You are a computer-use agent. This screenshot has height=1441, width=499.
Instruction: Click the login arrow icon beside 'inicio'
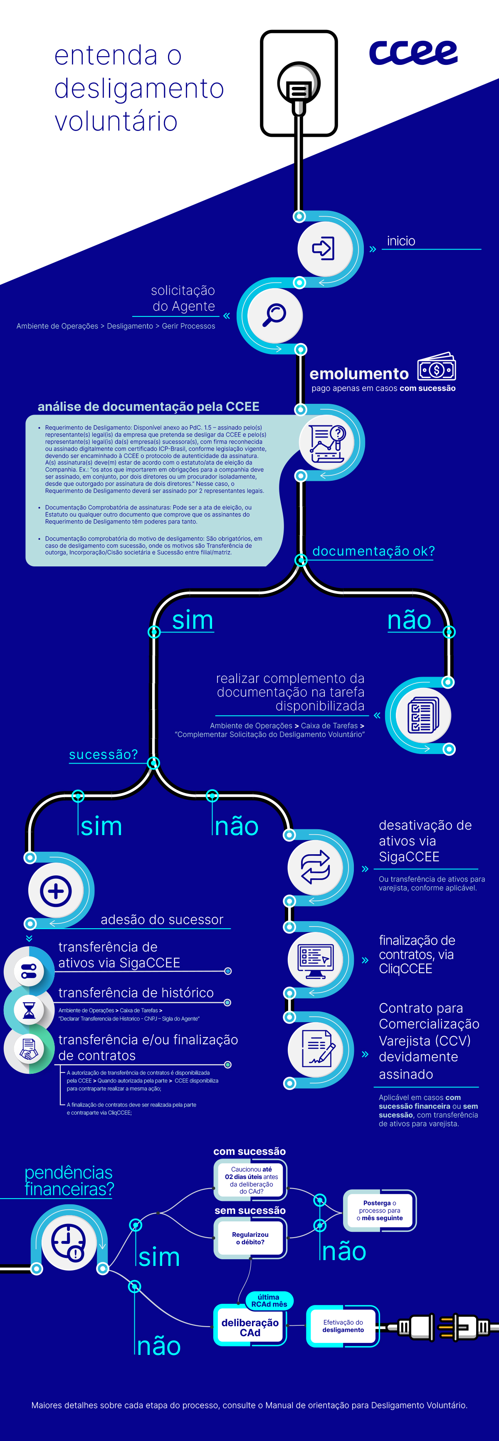[324, 248]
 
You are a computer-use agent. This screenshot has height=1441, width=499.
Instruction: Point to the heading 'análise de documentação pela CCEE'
[148, 407]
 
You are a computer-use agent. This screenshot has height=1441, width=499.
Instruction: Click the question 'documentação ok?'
[373, 551]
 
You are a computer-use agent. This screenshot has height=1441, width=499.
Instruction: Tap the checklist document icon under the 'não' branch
[423, 715]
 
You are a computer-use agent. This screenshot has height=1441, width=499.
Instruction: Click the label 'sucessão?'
[103, 755]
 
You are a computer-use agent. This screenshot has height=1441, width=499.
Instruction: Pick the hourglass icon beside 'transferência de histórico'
[29, 1010]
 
